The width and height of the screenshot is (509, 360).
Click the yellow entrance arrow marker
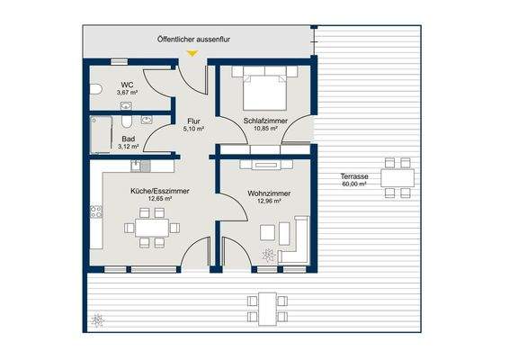click(191, 54)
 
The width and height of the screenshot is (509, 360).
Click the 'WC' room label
click(126, 85)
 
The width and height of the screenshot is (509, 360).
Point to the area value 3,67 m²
click(126, 93)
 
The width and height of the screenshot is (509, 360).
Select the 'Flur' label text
click(192, 121)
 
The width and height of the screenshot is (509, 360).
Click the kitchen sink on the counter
click(137, 166)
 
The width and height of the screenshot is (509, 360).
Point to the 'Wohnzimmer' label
click(267, 193)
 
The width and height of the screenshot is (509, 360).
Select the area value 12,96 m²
click(267, 202)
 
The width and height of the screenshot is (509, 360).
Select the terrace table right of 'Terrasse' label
click(390, 177)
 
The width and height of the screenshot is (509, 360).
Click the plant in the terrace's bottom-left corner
click(97, 319)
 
